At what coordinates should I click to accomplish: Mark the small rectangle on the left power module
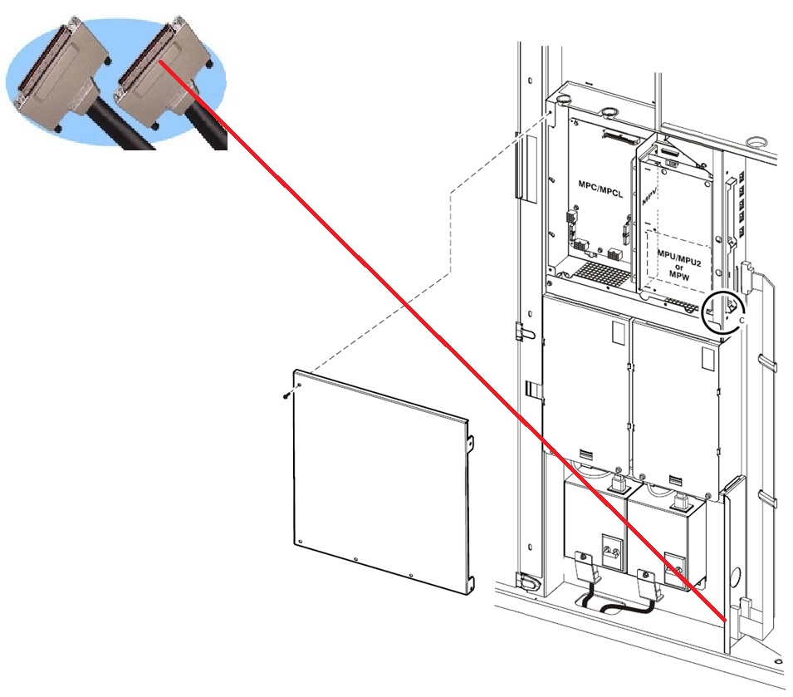pyautogui.click(x=617, y=332)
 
